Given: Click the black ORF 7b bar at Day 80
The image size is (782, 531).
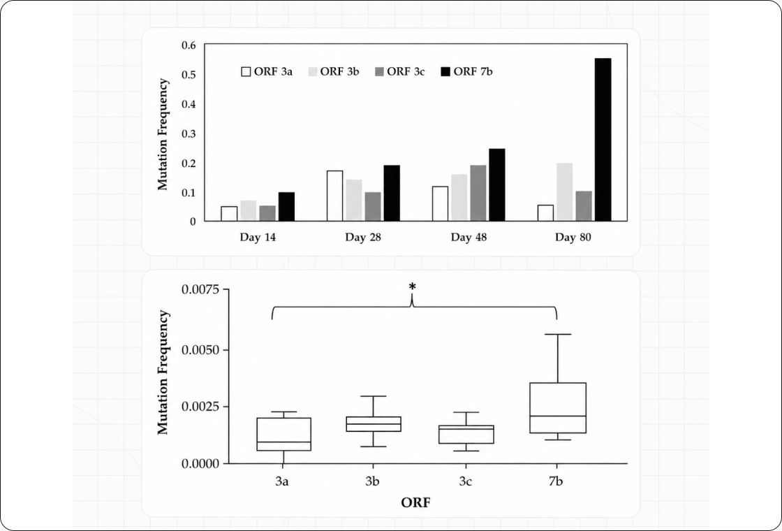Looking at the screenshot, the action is point(603,139).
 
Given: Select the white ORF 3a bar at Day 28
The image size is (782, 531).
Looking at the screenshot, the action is point(334,196).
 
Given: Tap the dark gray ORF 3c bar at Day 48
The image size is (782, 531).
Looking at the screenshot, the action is point(478,193).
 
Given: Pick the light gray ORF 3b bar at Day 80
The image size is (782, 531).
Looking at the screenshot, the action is point(565,191).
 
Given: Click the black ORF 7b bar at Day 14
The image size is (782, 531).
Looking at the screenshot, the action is point(287,206).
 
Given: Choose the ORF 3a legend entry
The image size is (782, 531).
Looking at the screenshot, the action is point(267,71).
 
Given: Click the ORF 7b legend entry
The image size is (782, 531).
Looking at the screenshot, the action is point(467,71).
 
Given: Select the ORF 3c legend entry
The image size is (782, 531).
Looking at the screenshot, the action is point(399,71).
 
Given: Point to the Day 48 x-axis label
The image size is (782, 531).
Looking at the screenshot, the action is point(469,237).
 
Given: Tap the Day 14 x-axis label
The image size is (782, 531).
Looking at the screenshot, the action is point(258,237).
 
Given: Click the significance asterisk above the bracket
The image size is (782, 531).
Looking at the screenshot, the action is point(412,286).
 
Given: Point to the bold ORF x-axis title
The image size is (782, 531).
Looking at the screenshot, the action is point(415,502).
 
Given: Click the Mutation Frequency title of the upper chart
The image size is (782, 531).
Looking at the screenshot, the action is point(163,133).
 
